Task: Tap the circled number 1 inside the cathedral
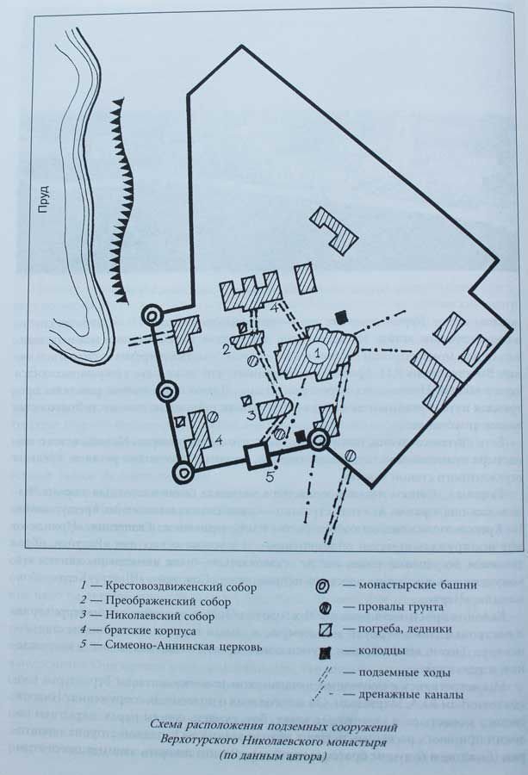pyautogui.click(x=317, y=352)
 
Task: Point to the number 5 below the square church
pyautogui.click(x=270, y=477)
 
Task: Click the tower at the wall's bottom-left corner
pyautogui.click(x=184, y=473)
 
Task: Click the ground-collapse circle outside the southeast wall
pyautogui.click(x=351, y=455)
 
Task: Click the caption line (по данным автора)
pyautogui.click(x=272, y=756)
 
